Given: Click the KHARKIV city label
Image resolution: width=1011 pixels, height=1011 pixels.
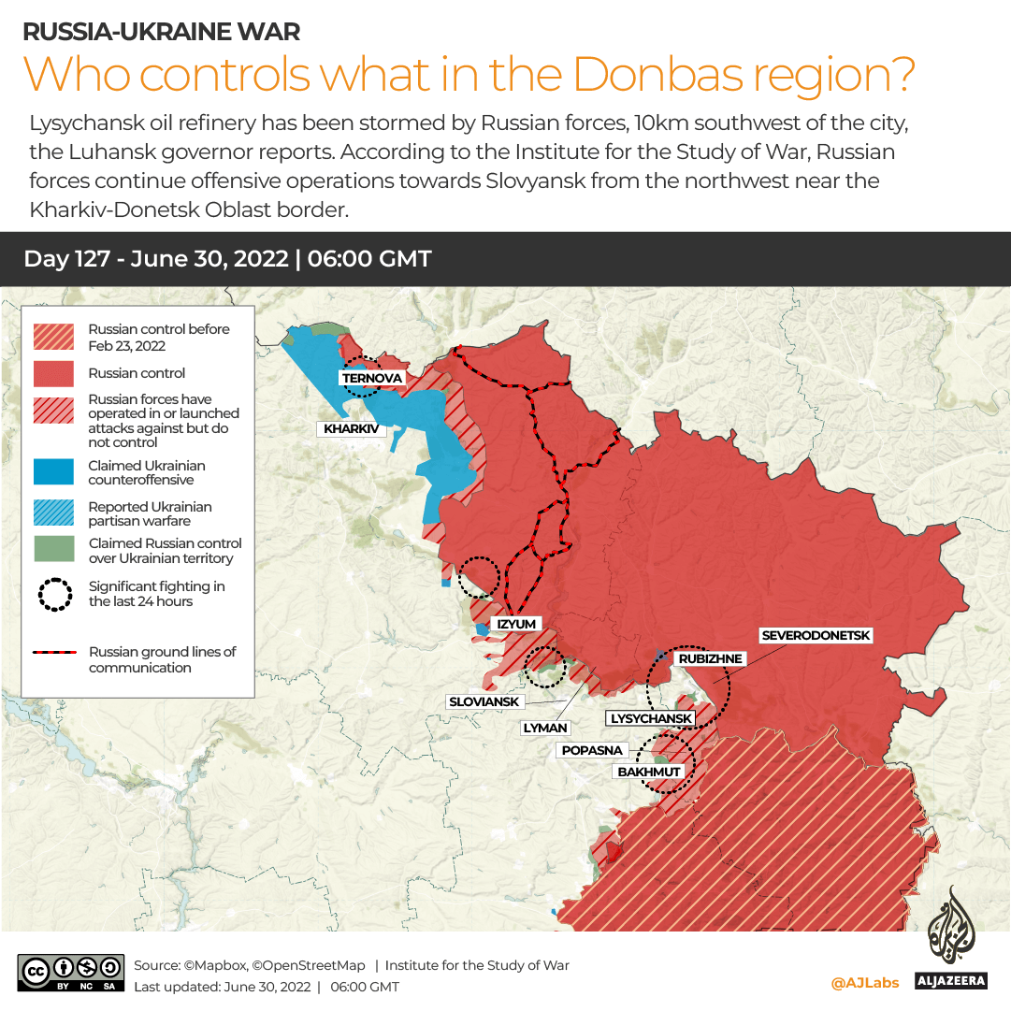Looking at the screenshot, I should (352, 429).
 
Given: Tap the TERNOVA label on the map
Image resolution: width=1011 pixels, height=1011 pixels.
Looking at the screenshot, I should (372, 378).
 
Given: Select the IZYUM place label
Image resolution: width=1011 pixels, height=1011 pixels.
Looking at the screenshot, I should (516, 624).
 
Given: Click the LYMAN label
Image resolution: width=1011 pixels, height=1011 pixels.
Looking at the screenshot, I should (545, 728).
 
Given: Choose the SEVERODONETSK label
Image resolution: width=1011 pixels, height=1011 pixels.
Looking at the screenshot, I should (816, 636).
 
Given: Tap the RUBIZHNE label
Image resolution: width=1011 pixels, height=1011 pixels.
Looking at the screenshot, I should (710, 658).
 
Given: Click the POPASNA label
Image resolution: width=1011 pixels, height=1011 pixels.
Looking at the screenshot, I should (591, 750).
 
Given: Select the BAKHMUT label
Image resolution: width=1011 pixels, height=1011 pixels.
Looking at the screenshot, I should (649, 772).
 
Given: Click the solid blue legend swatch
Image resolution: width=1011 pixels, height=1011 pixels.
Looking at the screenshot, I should (54, 472).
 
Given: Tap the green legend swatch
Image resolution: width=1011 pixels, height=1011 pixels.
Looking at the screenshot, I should (54, 550).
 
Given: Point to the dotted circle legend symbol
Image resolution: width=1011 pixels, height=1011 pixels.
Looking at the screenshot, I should (54, 594).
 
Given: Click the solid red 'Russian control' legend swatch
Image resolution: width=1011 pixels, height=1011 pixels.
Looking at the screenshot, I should (54, 373).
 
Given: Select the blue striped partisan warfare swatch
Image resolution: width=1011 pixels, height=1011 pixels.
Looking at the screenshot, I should (54, 513).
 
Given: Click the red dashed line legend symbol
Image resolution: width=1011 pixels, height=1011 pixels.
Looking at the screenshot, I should (54, 653).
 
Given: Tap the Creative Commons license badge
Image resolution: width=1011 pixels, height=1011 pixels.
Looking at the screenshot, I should (71, 973).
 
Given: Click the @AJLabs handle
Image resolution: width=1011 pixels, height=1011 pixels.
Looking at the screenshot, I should (864, 983).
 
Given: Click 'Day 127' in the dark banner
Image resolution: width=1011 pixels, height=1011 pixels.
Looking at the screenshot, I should (71, 259).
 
